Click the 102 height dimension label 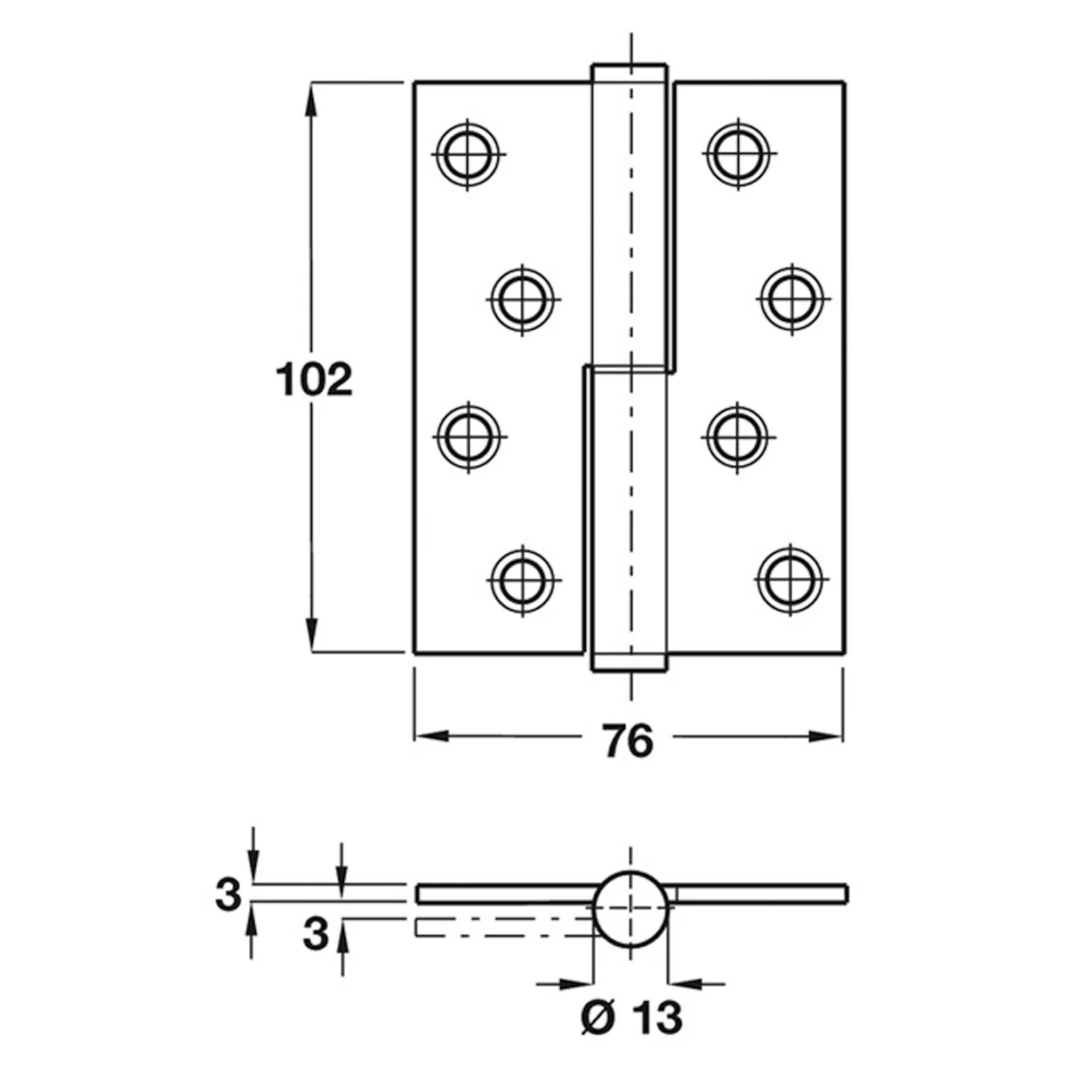(x=314, y=380)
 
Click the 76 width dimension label (x=628, y=741)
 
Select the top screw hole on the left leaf (x=468, y=155)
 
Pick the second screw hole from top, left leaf (x=522, y=300)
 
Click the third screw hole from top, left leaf (x=469, y=437)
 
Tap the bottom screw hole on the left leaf (x=522, y=581)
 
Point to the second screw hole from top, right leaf (x=792, y=299)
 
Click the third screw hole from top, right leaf (x=737, y=437)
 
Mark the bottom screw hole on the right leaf (x=790, y=580)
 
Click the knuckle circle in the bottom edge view (x=630, y=871)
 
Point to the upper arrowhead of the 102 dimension (x=311, y=100)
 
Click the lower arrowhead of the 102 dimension (x=312, y=635)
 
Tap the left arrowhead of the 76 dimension (x=432, y=736)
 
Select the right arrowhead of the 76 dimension (x=825, y=736)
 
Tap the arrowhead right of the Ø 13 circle (x=686, y=984)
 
